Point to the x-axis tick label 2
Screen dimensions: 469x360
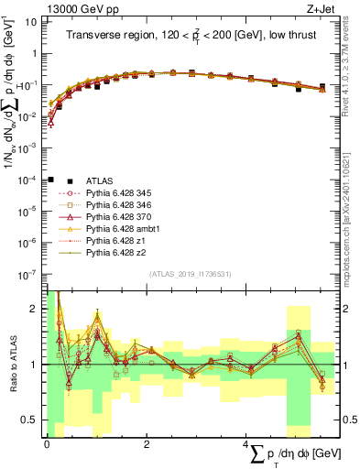[147, 444]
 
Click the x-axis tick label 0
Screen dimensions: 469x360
[47, 444]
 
